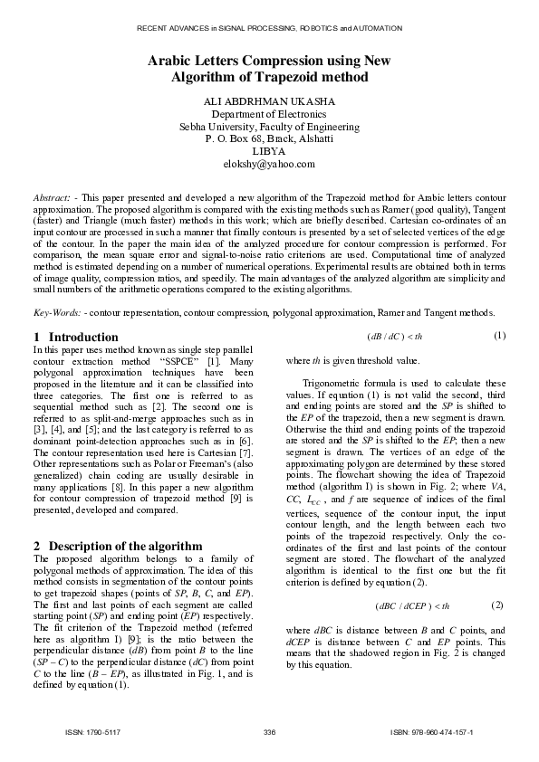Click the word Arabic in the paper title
(x=170, y=61)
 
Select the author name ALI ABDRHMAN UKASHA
(x=270, y=101)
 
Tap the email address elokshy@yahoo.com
(x=270, y=165)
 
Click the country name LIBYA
(x=270, y=152)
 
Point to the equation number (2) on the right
(x=496, y=604)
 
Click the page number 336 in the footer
(x=269, y=731)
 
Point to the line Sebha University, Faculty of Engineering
(x=270, y=127)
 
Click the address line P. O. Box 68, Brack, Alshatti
(x=270, y=139)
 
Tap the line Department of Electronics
(x=270, y=114)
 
